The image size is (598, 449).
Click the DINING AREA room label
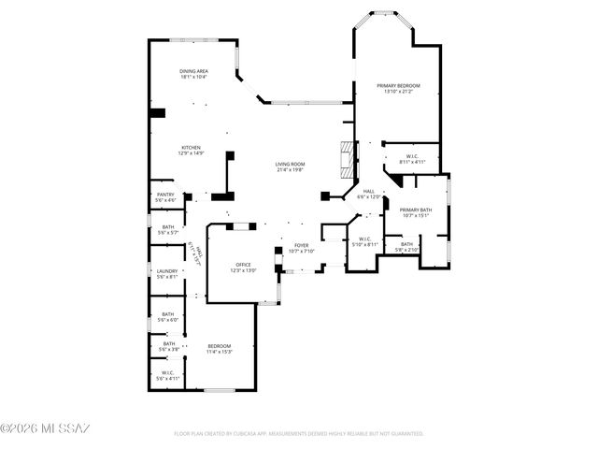point(193,73)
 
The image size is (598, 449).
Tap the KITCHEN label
point(192,150)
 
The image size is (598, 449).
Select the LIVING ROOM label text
point(290,167)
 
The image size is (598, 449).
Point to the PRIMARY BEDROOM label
point(398,88)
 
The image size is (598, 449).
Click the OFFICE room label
point(244,268)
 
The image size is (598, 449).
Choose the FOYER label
point(301,248)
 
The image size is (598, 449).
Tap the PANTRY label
point(165,197)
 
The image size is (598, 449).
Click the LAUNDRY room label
point(166,273)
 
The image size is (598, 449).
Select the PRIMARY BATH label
point(415,212)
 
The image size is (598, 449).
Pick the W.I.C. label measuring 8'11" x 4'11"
point(412,159)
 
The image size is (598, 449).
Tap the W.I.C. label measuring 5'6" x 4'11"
point(168,375)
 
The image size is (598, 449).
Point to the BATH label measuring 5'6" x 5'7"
point(168,229)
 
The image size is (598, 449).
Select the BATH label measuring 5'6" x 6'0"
point(168,317)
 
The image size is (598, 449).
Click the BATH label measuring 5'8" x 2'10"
point(406,247)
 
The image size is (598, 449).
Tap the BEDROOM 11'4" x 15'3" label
point(219,349)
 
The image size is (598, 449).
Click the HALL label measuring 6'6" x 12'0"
point(369,194)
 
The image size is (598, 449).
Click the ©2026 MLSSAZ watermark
point(45,428)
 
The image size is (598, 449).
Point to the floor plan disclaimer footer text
point(299,434)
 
